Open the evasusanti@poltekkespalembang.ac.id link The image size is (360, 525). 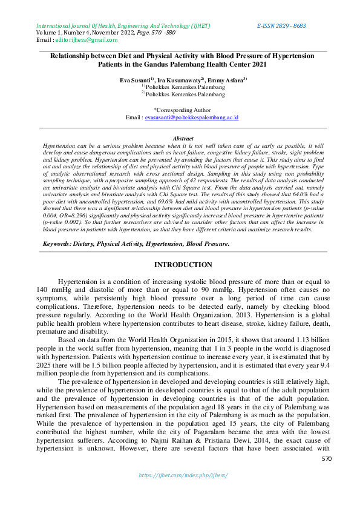click(x=195, y=117)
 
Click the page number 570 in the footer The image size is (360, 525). click(x=327, y=477)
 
